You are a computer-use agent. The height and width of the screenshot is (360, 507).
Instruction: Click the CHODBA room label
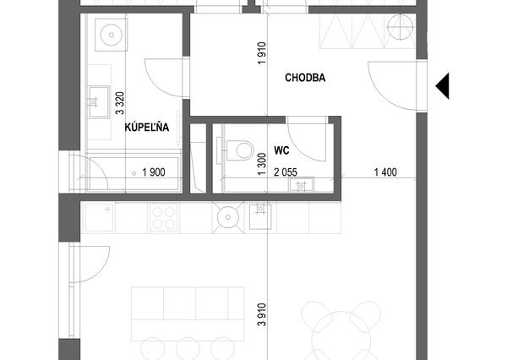pos(305,78)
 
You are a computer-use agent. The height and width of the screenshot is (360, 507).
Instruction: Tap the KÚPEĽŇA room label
pos(147,127)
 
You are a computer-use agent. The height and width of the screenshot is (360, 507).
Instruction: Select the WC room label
pos(281,150)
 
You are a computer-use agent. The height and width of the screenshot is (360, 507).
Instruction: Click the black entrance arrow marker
pos(442,86)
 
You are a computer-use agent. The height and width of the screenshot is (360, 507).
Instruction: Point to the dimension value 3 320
pos(120,103)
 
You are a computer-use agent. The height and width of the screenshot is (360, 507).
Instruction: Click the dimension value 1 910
pos(262,53)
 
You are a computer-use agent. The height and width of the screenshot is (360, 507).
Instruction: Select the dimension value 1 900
pos(154,172)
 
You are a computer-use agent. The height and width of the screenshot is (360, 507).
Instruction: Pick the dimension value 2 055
pos(286,172)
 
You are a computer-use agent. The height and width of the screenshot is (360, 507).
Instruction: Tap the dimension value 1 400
pos(385,172)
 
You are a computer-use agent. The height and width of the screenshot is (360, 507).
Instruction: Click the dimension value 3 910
pos(262,314)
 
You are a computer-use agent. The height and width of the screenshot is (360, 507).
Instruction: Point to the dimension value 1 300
pos(262,164)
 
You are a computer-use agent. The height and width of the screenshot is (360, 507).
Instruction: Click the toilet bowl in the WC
pos(240,150)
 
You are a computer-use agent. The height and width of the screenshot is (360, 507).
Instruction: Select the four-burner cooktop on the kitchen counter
pos(163,217)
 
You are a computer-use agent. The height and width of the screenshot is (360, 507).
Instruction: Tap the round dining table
pos(341,335)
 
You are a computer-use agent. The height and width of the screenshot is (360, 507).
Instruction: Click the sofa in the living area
pos(188,314)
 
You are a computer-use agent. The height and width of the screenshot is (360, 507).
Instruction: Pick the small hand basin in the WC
pos(302,185)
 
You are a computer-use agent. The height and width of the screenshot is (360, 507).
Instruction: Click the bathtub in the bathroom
pos(134,173)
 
